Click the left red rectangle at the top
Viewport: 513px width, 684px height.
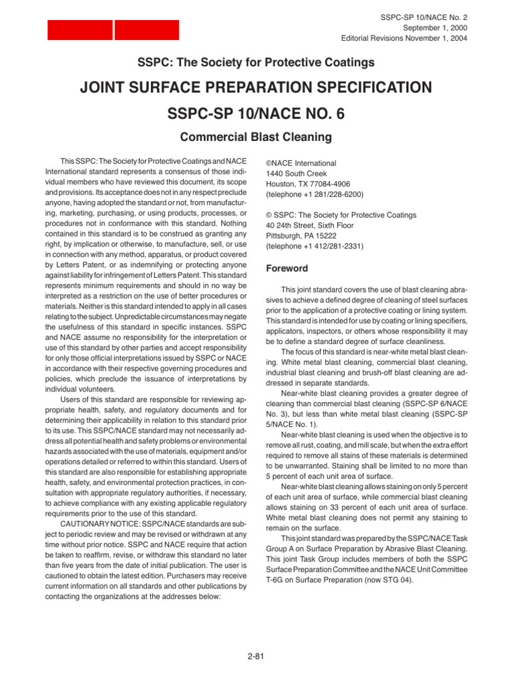(79, 30)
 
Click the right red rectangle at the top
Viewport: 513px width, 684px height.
(146, 30)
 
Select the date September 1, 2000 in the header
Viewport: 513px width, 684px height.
(435, 27)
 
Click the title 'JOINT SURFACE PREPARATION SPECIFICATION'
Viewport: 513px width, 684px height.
(256, 88)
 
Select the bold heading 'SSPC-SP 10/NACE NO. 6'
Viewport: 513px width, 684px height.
(256, 114)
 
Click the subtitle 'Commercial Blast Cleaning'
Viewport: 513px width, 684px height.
(256, 138)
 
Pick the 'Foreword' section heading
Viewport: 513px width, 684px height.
(287, 269)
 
